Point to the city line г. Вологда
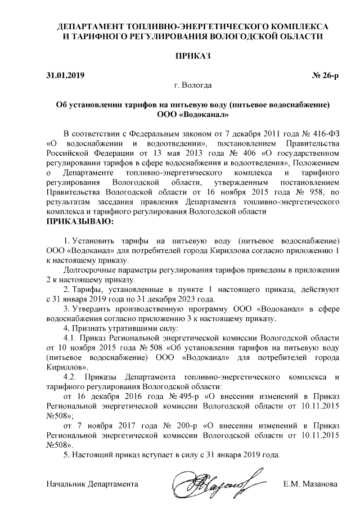tap(193, 86)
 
